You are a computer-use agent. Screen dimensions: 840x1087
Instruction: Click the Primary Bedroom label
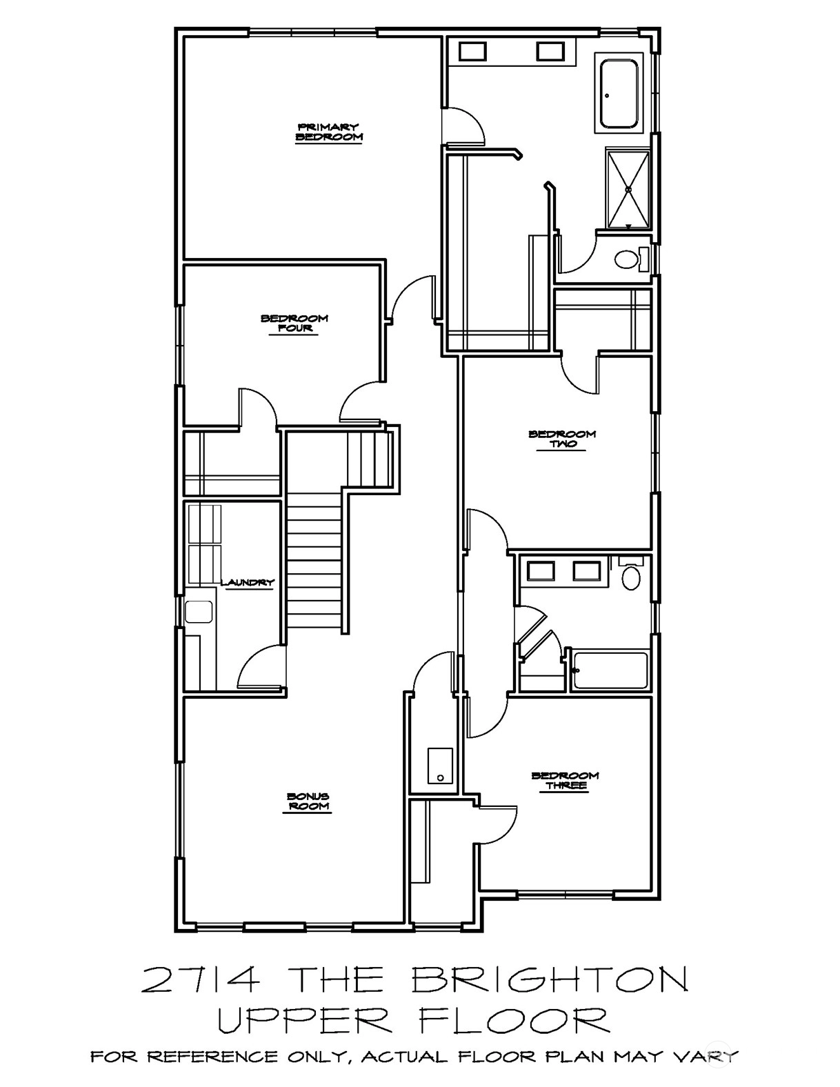pyautogui.click(x=328, y=132)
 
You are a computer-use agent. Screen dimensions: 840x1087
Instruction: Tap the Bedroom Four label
pyautogui.click(x=294, y=323)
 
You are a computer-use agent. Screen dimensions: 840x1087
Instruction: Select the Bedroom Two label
pyautogui.click(x=562, y=439)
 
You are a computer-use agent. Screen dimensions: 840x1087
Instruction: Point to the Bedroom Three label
pyautogui.click(x=565, y=780)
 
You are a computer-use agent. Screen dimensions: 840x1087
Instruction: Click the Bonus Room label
pyautogui.click(x=308, y=801)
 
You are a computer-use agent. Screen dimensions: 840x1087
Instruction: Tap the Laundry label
pyautogui.click(x=248, y=582)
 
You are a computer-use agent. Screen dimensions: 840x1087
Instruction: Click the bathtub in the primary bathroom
pyautogui.click(x=619, y=94)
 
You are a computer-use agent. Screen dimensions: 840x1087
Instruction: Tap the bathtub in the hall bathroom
pyautogui.click(x=610, y=670)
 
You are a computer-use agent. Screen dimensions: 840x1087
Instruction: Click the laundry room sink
pyautogui.click(x=199, y=611)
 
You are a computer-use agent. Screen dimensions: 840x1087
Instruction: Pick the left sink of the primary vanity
pyautogui.click(x=472, y=52)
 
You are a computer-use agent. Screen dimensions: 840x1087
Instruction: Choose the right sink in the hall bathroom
pyautogui.click(x=586, y=571)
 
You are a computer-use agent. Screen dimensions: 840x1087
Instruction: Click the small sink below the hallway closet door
pyautogui.click(x=440, y=766)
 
